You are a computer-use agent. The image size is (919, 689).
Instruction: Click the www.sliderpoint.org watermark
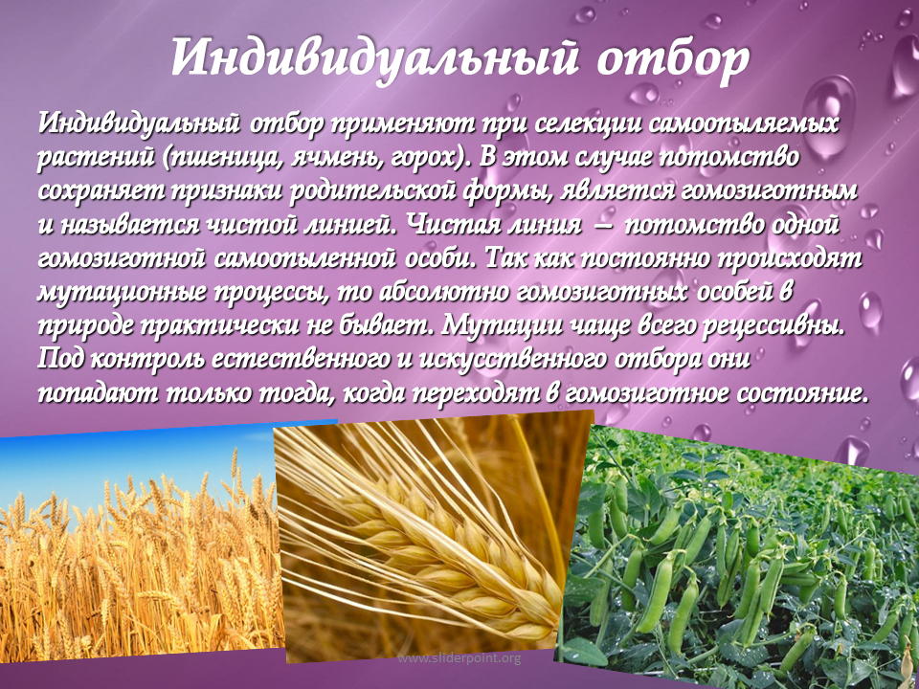(x=459, y=658)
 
